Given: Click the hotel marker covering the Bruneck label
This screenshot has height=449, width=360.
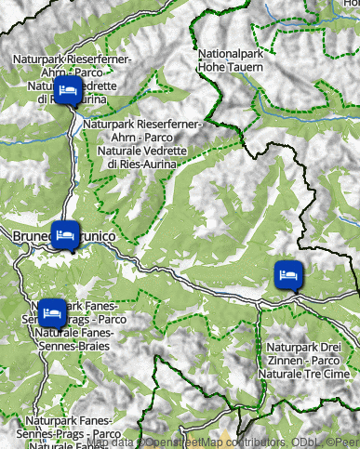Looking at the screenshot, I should (65, 235).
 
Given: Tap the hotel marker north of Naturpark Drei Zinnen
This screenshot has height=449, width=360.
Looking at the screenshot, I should (288, 275).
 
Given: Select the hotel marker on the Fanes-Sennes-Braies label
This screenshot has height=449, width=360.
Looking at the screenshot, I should (50, 311).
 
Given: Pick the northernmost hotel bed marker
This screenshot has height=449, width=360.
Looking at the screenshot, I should (67, 91).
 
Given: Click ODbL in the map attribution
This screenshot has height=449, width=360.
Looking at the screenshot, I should (305, 442).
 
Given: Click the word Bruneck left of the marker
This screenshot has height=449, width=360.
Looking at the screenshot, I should (32, 238).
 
